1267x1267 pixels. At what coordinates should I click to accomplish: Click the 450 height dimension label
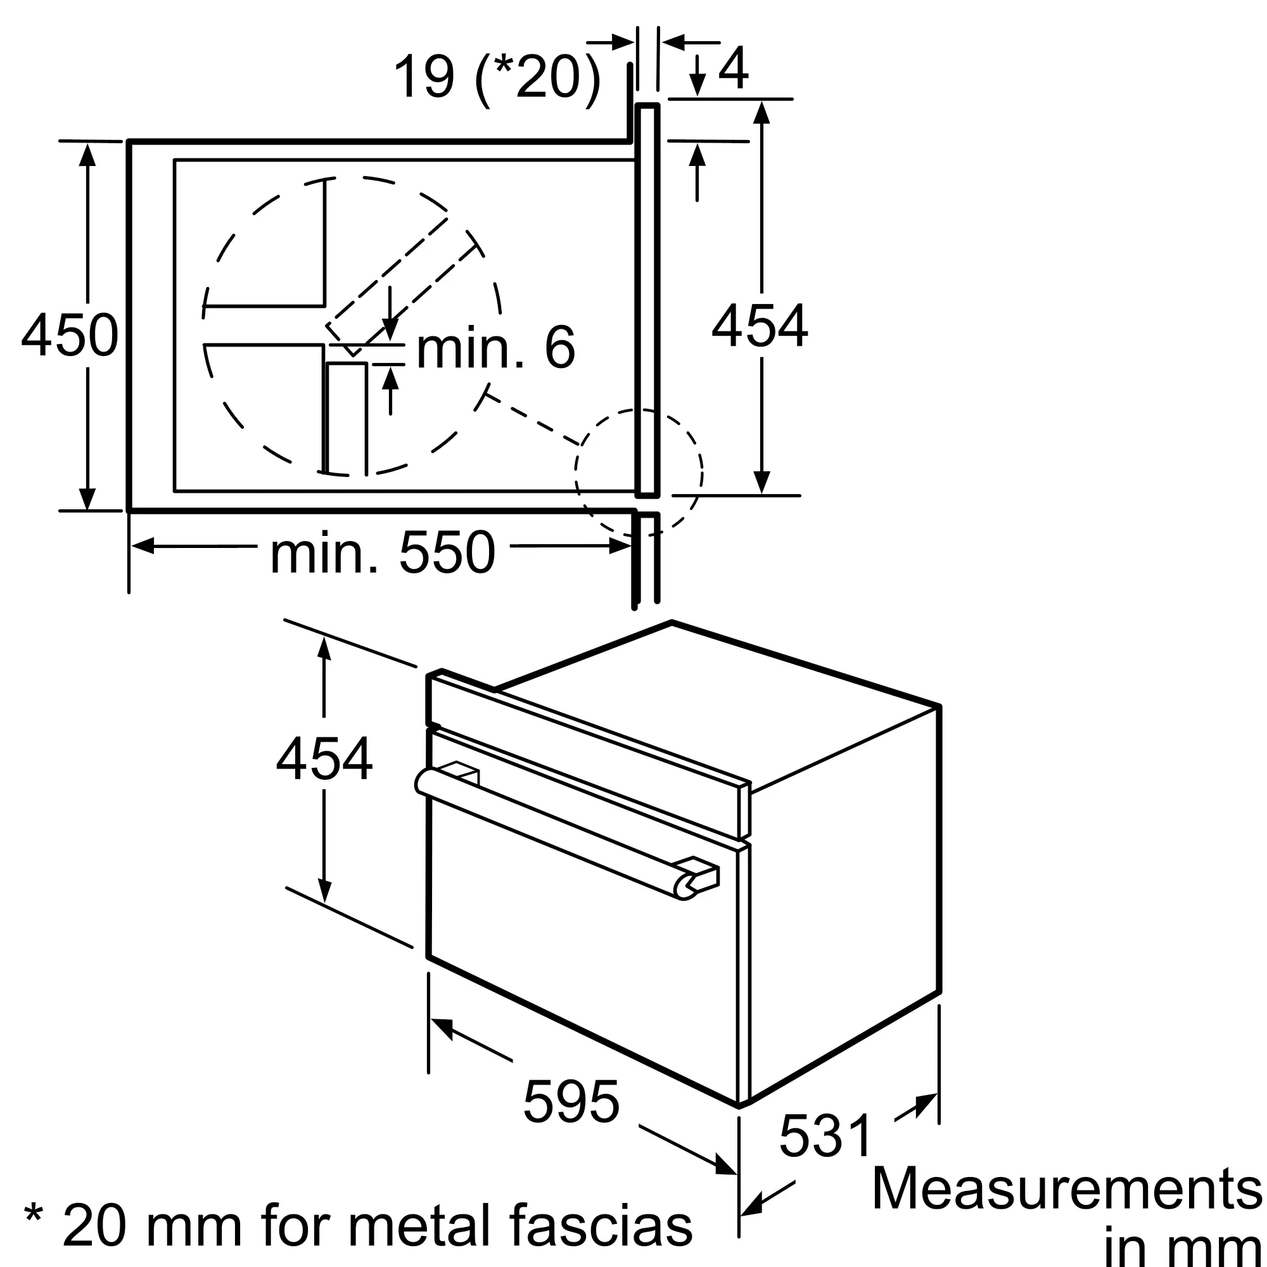coord(70,335)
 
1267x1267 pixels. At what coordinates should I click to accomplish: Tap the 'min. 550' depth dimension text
coord(383,552)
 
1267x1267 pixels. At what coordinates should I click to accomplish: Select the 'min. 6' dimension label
coord(496,348)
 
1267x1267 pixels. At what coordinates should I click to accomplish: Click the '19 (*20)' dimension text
coord(497,77)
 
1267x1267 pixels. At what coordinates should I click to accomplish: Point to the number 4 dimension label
coord(733,68)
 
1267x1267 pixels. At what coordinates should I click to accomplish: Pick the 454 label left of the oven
coord(324,759)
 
